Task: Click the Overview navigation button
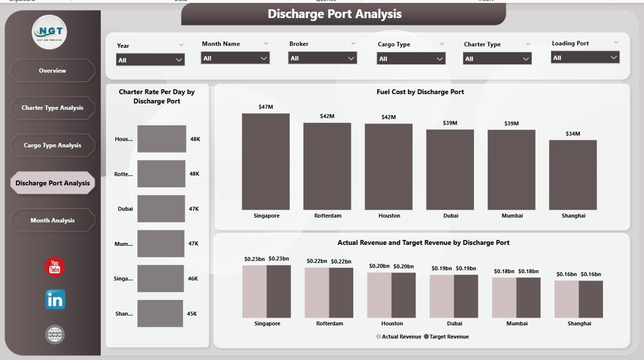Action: point(52,70)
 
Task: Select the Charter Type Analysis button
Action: point(52,108)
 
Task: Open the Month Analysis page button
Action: point(52,220)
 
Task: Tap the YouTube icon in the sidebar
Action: point(55,267)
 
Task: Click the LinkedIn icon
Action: point(55,300)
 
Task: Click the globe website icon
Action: point(55,334)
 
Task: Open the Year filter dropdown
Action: point(150,60)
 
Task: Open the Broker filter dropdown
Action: point(323,58)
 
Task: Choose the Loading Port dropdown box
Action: point(585,58)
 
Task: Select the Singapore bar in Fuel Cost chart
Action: point(266,161)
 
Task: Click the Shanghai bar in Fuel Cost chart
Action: point(573,174)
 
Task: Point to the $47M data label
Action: point(266,107)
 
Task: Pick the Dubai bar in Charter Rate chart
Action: point(161,209)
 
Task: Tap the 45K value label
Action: point(192,314)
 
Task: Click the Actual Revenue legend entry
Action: point(398,336)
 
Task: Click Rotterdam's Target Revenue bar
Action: point(341,293)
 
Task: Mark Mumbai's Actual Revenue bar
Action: point(504,298)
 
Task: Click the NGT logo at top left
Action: point(49,32)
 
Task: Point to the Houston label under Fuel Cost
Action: point(389,216)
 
